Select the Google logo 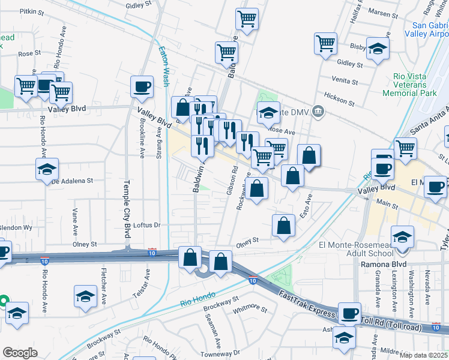click(20, 353)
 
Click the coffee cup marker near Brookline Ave click(142, 87)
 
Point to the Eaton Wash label click(163, 67)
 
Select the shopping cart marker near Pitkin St click(247, 19)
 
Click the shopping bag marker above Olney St click(283, 226)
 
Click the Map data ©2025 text click(424, 355)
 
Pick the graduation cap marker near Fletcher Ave click(85, 296)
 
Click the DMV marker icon click(319, 110)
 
